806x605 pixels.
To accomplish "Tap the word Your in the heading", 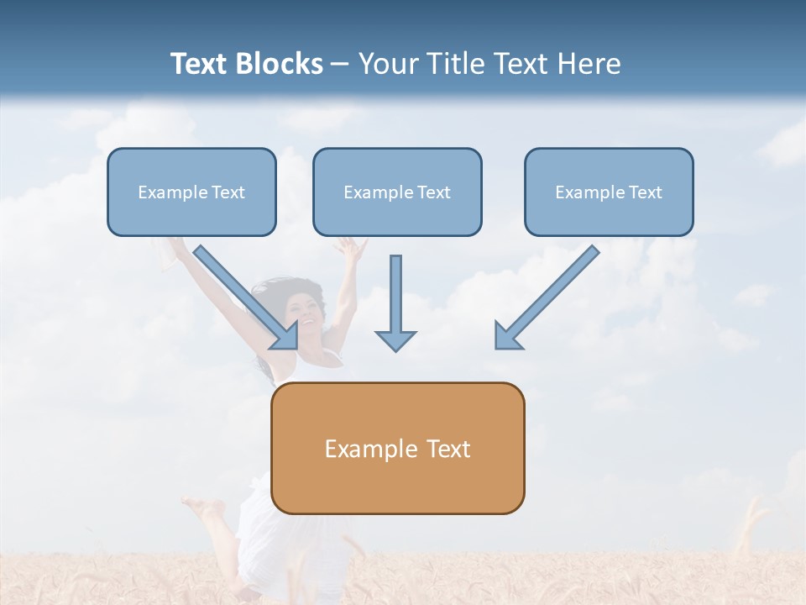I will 387,64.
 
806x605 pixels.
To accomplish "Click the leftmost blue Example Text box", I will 191,192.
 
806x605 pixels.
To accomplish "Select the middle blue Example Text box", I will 397,192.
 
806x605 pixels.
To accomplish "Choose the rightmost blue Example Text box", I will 609,192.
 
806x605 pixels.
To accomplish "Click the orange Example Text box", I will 397,449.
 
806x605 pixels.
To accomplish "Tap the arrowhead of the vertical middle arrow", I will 395,339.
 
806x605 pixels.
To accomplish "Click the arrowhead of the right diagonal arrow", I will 506,335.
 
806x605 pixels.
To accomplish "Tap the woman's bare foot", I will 201,508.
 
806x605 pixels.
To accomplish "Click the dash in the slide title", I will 340,64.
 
